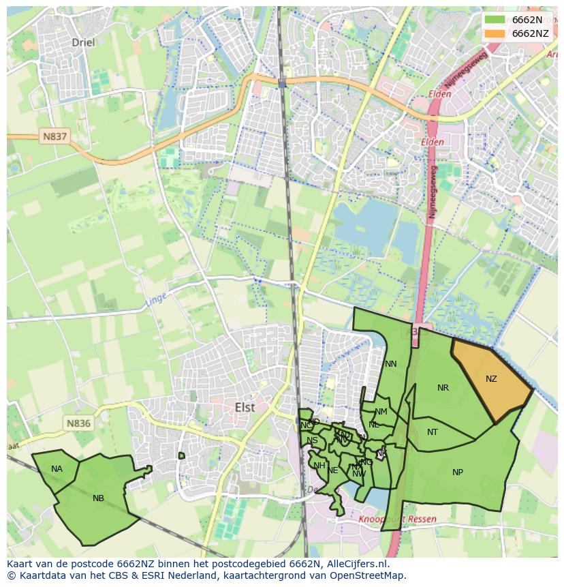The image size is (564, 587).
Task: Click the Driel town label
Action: (x=83, y=42)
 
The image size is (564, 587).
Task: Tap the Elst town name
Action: (x=245, y=407)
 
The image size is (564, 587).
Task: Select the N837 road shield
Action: (x=55, y=136)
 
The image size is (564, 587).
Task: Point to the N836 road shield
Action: (x=78, y=423)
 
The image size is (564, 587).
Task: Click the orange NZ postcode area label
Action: (x=491, y=379)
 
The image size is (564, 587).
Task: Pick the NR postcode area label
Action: (x=443, y=388)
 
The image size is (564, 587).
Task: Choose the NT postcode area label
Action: (x=433, y=432)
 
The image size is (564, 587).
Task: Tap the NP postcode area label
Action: (x=458, y=472)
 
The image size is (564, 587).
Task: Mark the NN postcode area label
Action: (x=390, y=364)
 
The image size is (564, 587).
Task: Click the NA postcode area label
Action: (x=57, y=469)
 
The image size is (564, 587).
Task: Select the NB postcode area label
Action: (x=98, y=498)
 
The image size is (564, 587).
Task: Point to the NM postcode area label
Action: (x=381, y=412)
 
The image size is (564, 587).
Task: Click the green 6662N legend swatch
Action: (x=495, y=20)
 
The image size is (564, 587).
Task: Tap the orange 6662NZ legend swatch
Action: (x=495, y=33)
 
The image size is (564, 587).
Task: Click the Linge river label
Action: (x=155, y=299)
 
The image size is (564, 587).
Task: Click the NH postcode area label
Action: (x=319, y=466)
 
